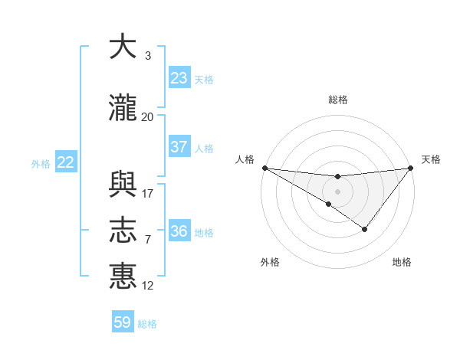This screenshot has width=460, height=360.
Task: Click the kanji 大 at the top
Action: coord(123,47)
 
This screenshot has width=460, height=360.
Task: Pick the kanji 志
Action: coord(123,231)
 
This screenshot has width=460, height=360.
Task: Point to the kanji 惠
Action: coord(123,276)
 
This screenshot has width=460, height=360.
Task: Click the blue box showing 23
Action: coord(179,78)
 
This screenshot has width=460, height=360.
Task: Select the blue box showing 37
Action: coord(179,147)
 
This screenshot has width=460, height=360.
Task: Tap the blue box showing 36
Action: coord(179,231)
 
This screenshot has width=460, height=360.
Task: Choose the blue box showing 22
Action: coord(65,162)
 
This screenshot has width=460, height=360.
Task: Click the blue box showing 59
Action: coord(123,322)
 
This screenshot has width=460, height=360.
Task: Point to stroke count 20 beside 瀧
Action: coord(147,116)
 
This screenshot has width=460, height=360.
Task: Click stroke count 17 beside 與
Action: coord(148,193)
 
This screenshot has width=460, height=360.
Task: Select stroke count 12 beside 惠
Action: coord(148,285)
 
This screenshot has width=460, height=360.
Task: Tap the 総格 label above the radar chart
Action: coord(338,100)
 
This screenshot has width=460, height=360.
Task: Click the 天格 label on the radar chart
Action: coord(431,159)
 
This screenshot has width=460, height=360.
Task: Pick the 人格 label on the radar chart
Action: coord(245,159)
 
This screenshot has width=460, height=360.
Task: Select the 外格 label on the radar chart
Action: coord(270,262)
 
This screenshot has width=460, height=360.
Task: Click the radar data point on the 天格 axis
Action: coord(411,168)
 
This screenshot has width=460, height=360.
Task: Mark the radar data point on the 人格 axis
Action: coord(264,168)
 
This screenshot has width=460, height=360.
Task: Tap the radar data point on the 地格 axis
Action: coord(365,229)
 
